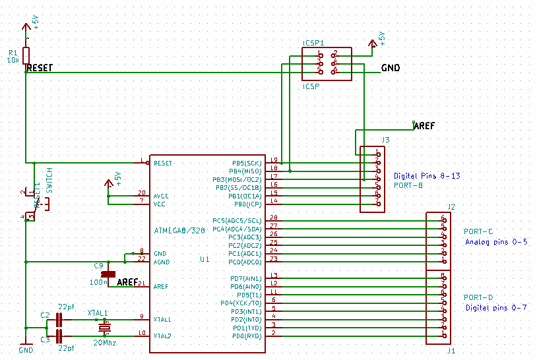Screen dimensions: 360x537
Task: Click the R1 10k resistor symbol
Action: [26, 55]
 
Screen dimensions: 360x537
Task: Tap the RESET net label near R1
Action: [40, 68]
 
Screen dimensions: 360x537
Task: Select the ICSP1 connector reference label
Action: [313, 43]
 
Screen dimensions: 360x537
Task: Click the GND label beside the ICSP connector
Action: [391, 69]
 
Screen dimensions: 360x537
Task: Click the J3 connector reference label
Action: [385, 140]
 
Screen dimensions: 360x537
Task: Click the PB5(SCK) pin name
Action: [246, 162]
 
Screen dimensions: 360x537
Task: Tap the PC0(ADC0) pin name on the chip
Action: [245, 262]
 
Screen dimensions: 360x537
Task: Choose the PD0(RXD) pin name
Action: [245, 336]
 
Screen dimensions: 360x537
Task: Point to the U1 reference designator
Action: [205, 260]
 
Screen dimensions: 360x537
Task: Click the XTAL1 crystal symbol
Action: [104, 328]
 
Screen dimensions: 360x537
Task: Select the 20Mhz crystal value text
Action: [106, 342]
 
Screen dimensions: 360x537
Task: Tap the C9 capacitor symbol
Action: [108, 274]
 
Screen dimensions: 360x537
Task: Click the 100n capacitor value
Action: [100, 282]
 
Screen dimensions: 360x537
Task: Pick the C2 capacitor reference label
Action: [45, 315]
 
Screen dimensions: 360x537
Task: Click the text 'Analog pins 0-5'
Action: [496, 242]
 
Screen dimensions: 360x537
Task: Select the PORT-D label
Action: [478, 297]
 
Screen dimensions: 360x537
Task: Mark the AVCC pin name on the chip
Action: [162, 196]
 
